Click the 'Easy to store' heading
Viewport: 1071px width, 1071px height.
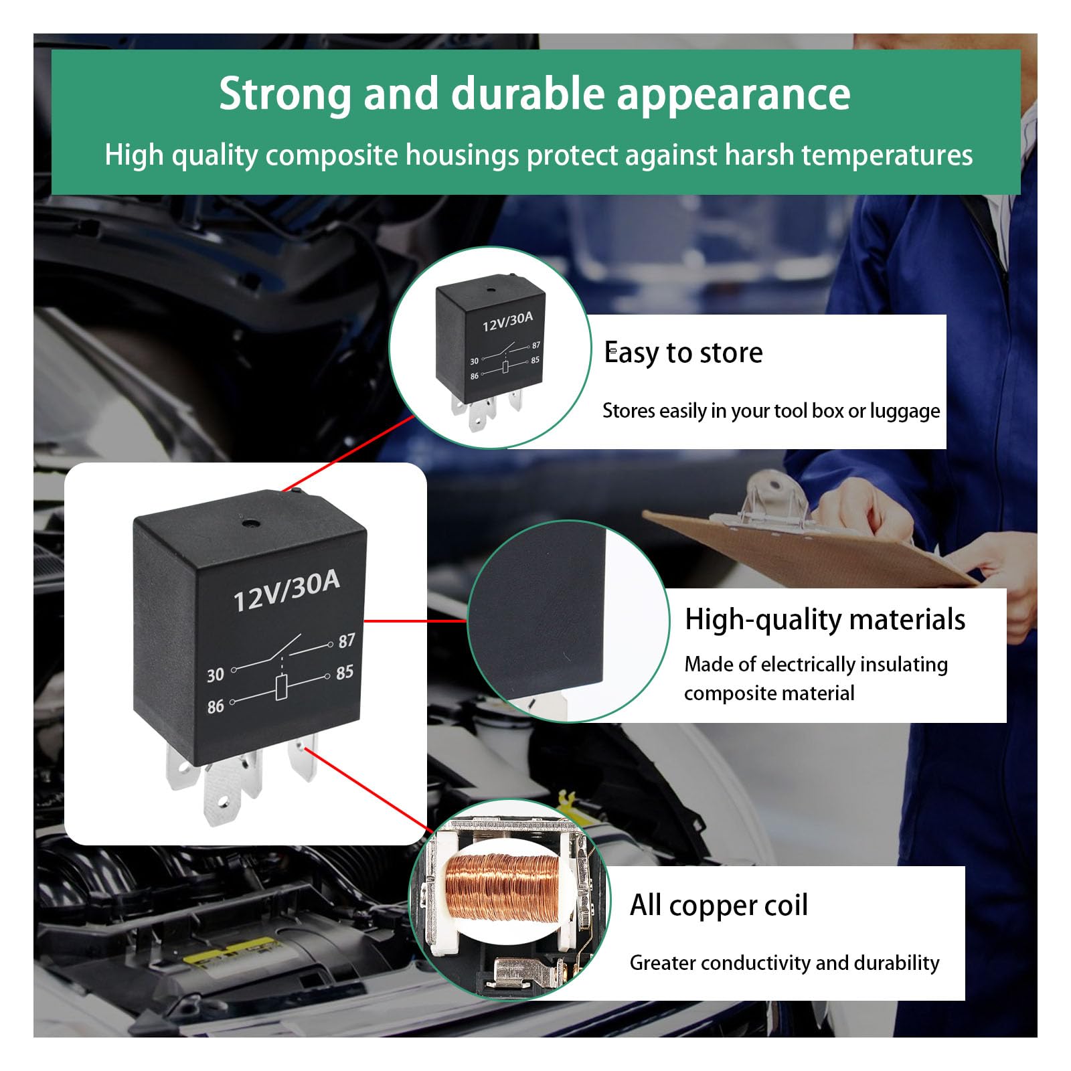tap(683, 353)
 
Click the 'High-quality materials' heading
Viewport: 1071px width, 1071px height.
tap(824, 619)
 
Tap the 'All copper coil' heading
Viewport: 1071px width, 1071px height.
tap(718, 905)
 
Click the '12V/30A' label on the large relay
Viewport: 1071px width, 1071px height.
tap(286, 592)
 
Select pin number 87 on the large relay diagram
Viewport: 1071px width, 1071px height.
tap(346, 641)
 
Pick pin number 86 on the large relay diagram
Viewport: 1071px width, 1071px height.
tap(216, 706)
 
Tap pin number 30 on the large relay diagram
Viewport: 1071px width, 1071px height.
tap(216, 675)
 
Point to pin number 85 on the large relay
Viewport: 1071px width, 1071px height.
tap(345, 672)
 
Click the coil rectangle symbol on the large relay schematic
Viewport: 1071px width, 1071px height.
tap(282, 688)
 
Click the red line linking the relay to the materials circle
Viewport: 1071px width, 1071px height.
tap(415, 621)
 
